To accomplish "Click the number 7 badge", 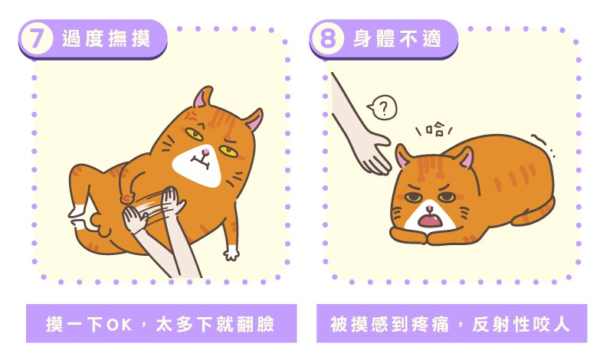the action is [36, 38].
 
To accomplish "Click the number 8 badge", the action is [327, 38].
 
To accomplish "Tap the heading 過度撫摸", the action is [106, 38].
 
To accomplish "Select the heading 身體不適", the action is [397, 38].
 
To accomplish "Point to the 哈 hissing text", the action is [434, 129].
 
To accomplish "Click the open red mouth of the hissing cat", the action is [430, 221].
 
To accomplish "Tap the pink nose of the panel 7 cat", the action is [205, 151].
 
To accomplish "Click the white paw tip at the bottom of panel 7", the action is [231, 253].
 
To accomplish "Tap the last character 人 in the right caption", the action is [561, 325].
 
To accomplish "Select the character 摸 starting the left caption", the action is [54, 325].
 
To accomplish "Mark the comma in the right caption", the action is [461, 327].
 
